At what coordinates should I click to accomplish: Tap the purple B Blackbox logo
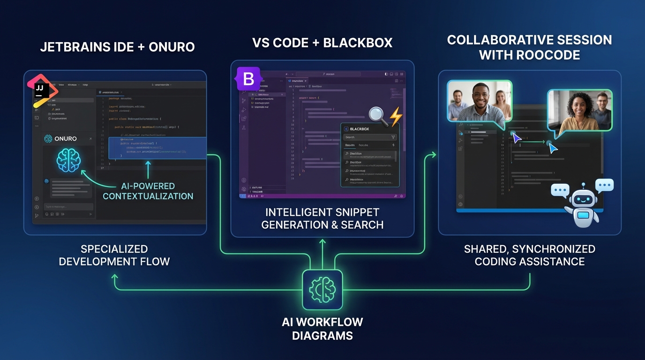(248, 79)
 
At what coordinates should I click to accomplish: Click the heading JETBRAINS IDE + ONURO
(117, 47)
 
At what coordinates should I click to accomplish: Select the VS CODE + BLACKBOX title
(322, 43)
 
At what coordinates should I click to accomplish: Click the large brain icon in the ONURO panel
(68, 161)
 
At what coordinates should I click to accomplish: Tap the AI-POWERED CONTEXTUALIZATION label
(148, 191)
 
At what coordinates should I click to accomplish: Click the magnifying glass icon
(378, 116)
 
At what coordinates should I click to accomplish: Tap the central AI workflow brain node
(322, 290)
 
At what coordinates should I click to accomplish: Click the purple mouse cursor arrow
(517, 139)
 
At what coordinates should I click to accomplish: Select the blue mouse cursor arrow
(553, 149)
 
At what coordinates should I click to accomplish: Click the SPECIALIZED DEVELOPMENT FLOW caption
(114, 255)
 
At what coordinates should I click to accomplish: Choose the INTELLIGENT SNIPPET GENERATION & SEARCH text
(322, 218)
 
